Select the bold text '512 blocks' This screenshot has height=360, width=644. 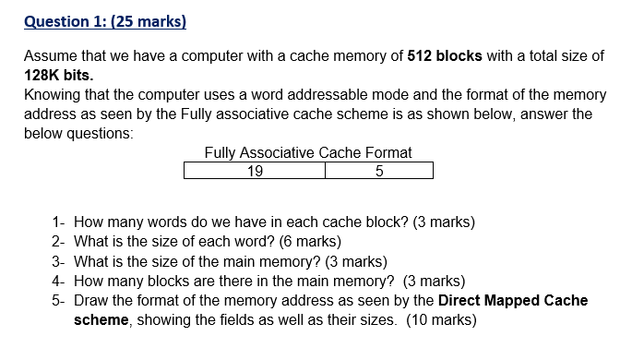[x=444, y=55]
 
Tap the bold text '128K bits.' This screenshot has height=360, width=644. [x=59, y=75]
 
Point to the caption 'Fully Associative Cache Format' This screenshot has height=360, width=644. [x=308, y=152]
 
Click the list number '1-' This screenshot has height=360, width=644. [x=59, y=222]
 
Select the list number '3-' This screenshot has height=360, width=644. [x=59, y=261]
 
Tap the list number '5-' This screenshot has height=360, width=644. [x=59, y=301]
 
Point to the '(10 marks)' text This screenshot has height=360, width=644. [x=442, y=320]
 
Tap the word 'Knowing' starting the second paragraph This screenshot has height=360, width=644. [x=52, y=94]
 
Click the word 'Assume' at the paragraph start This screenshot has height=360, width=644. [x=50, y=55]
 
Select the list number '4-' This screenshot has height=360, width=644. [x=59, y=281]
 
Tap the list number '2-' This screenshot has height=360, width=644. [x=59, y=242]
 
